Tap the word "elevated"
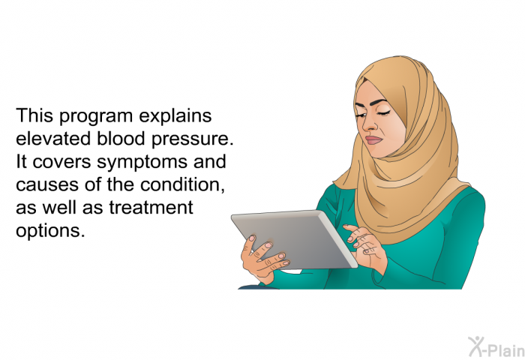53,138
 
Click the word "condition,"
182,184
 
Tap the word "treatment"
151,207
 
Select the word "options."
50,231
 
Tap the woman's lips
373,139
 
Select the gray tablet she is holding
294,238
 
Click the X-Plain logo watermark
496,347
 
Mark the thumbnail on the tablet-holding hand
252,238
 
